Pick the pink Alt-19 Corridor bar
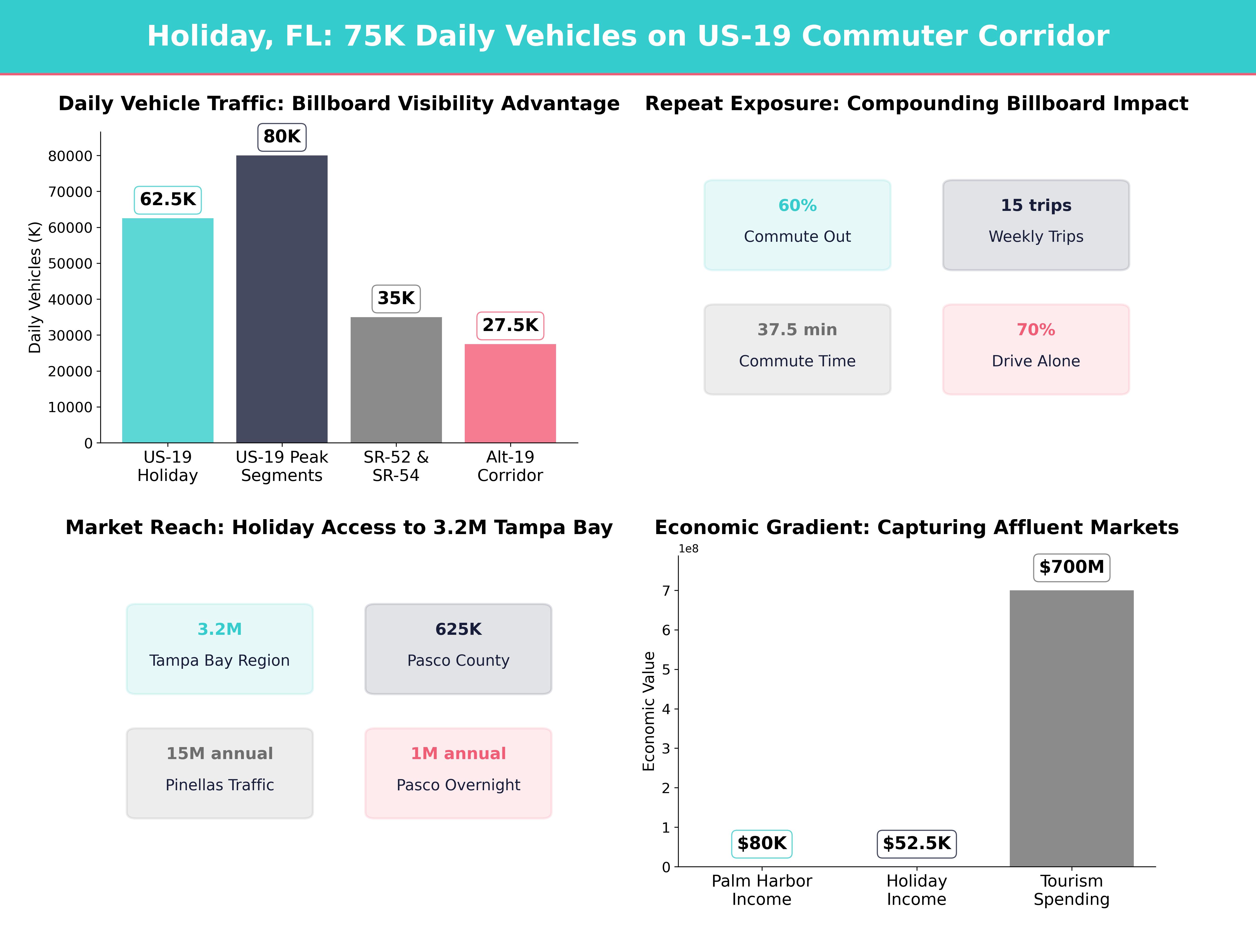[510, 393]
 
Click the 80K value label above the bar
[282, 137]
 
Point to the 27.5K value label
[510, 325]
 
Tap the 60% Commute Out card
[797, 225]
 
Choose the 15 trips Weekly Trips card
[1036, 225]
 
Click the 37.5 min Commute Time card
[797, 349]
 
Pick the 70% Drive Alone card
[1036, 349]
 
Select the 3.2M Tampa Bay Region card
[220, 648]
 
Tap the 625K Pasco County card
[458, 648]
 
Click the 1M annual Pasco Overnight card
[458, 773]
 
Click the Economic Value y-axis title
[648, 711]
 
